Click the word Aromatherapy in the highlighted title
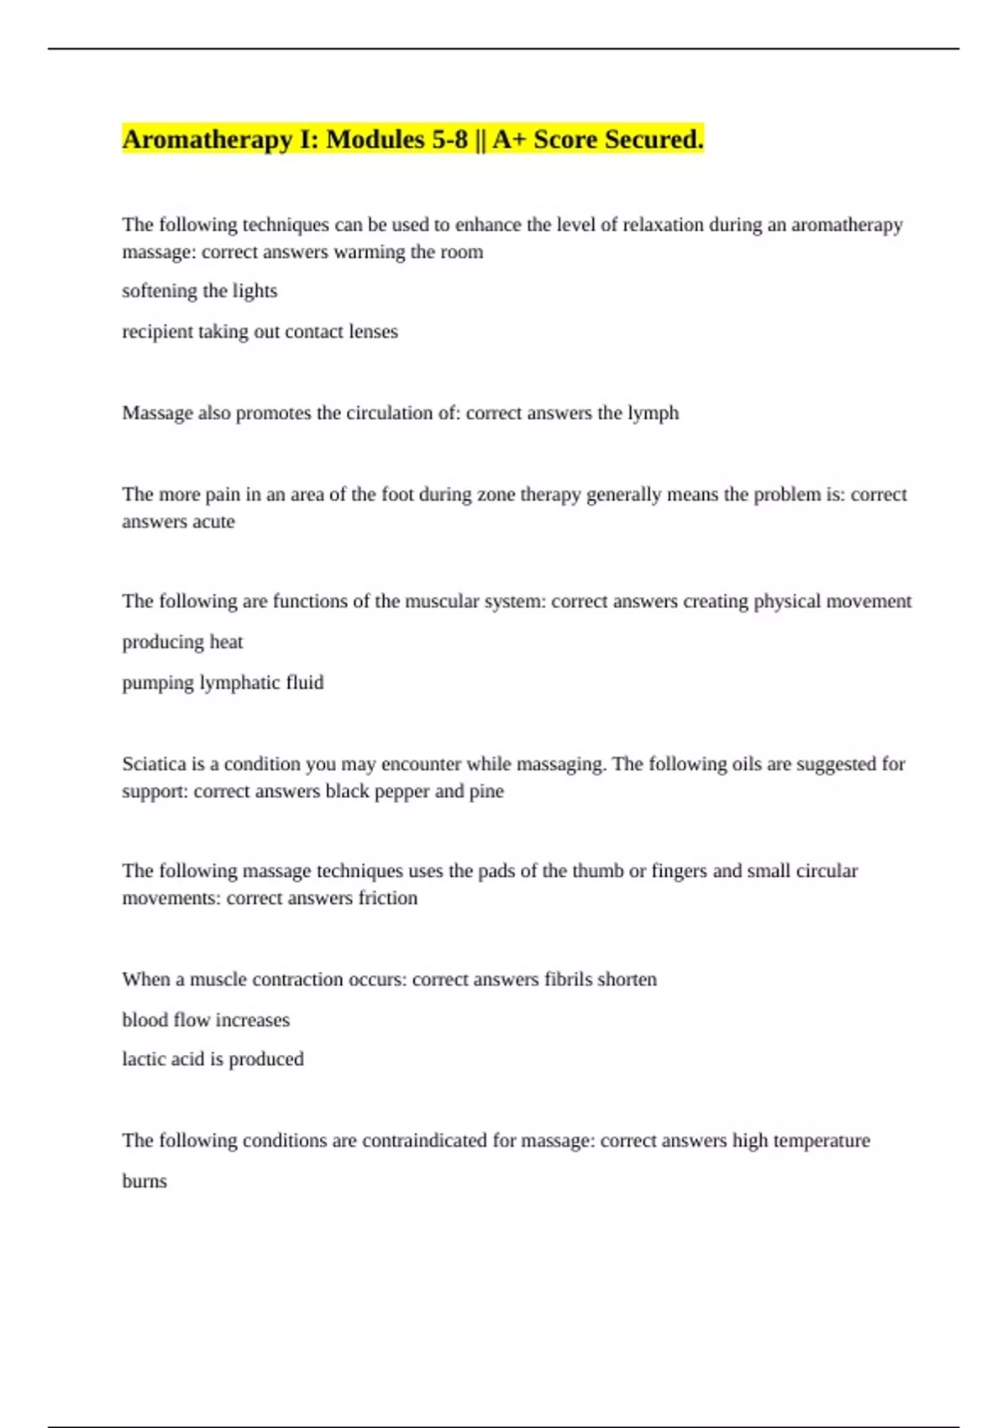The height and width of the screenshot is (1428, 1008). click(x=207, y=139)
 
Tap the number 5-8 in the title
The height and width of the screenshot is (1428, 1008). click(x=449, y=139)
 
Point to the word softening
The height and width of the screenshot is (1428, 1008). click(x=160, y=291)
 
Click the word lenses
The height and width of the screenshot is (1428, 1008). click(x=373, y=332)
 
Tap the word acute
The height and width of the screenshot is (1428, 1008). click(x=213, y=522)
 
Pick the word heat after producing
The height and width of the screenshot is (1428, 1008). click(x=226, y=643)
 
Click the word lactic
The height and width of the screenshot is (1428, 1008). click(x=140, y=1059)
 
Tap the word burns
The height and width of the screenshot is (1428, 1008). click(x=144, y=1181)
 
